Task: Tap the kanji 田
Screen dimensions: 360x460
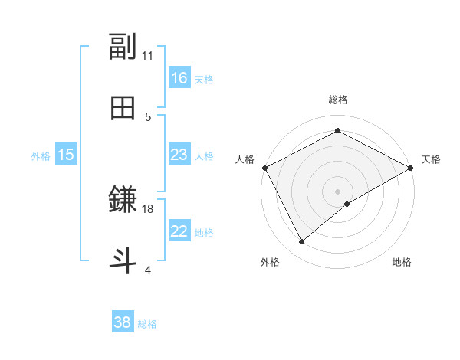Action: pyautogui.click(x=123, y=108)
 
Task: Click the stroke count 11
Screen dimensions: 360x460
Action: pyautogui.click(x=148, y=55)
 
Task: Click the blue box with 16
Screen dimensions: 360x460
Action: pyautogui.click(x=179, y=77)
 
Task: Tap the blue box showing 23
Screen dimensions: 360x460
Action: pyautogui.click(x=179, y=155)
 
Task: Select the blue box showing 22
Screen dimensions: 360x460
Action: pyautogui.click(x=179, y=231)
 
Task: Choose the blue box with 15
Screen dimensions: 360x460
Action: pyautogui.click(x=66, y=155)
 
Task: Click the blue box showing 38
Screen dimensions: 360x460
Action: pyautogui.click(x=123, y=322)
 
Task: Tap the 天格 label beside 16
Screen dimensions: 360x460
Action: pyautogui.click(x=204, y=79)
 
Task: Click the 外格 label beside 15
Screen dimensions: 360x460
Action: pyautogui.click(x=41, y=156)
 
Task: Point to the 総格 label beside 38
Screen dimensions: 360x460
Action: pyautogui.click(x=147, y=324)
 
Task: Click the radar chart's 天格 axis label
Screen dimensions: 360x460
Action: pyautogui.click(x=432, y=159)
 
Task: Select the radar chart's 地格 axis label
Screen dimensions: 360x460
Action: pyautogui.click(x=402, y=263)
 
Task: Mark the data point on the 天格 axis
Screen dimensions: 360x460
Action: pyautogui.click(x=412, y=167)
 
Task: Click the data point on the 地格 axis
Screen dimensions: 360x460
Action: pyautogui.click(x=347, y=204)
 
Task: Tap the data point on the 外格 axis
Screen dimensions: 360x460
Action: pyautogui.click(x=302, y=242)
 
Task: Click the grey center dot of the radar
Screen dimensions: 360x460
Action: pyautogui.click(x=337, y=191)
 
